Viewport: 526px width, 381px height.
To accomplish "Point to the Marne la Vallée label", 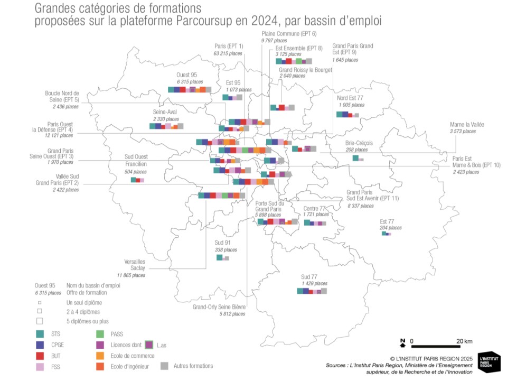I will (466, 125).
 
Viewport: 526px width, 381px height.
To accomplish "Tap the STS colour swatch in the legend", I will (40, 333).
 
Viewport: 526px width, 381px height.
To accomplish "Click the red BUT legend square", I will (40, 355).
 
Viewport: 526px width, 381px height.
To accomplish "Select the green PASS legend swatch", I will (100, 333).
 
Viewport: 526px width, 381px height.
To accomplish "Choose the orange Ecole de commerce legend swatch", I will (100, 355).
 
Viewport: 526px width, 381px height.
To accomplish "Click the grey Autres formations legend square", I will (164, 365).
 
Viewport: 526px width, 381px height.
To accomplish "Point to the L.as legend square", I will (149, 345).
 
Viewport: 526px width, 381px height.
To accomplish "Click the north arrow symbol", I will (402, 343).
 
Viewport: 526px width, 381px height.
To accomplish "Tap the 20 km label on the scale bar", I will (464, 340).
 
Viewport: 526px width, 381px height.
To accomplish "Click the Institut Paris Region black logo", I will (489, 361).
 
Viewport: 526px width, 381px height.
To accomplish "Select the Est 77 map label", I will (387, 221).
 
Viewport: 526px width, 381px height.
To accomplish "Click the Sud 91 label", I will (222, 243).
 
